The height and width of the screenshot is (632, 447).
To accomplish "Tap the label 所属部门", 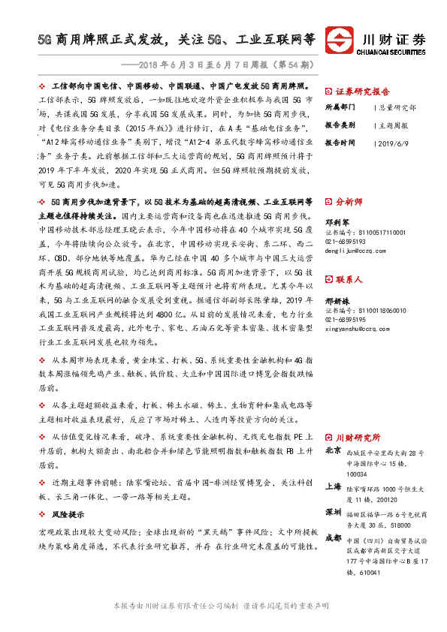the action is (341, 107).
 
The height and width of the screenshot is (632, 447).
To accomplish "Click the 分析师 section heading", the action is (349, 202).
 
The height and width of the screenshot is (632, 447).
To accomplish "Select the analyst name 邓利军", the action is (336, 222).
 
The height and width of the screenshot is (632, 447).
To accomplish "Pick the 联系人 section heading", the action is (349, 279).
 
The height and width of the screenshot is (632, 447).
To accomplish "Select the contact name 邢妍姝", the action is (336, 299).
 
